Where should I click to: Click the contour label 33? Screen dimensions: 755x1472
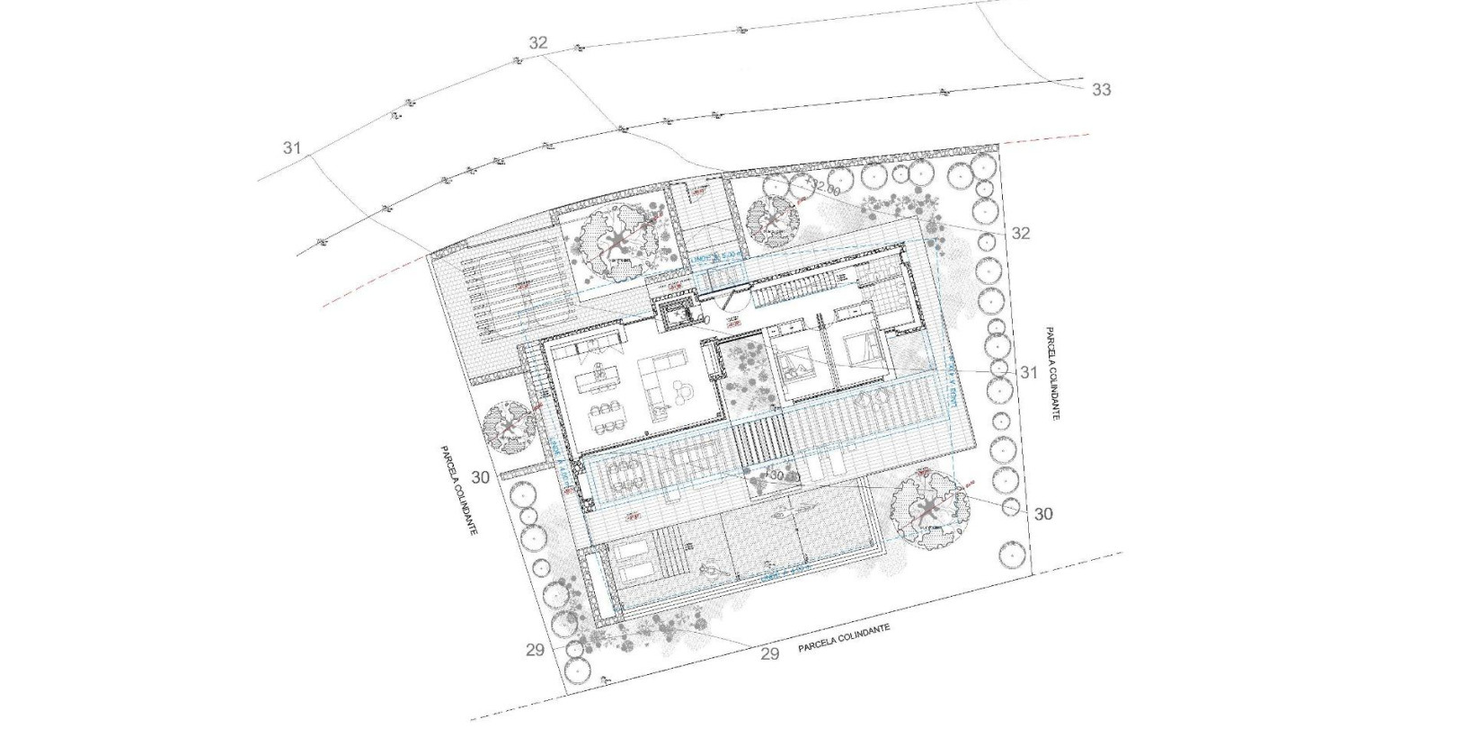click(x=1101, y=89)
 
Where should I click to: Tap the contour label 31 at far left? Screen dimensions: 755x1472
click(x=291, y=148)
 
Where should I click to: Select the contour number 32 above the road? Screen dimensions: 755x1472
click(x=538, y=43)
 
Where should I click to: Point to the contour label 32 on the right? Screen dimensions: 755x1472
click(x=1021, y=234)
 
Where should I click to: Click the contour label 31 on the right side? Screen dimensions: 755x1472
click(x=1028, y=372)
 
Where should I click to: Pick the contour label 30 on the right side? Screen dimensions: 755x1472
click(x=1043, y=514)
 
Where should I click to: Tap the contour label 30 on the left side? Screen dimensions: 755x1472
click(x=481, y=477)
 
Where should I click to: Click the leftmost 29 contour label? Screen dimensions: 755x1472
click(x=535, y=650)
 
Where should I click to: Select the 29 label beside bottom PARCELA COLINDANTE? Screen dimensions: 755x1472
click(x=769, y=653)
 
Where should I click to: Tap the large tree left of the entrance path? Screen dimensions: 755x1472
click(x=616, y=240)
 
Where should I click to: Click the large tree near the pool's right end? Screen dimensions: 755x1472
click(x=930, y=510)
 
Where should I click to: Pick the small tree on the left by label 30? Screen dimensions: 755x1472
click(x=509, y=428)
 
